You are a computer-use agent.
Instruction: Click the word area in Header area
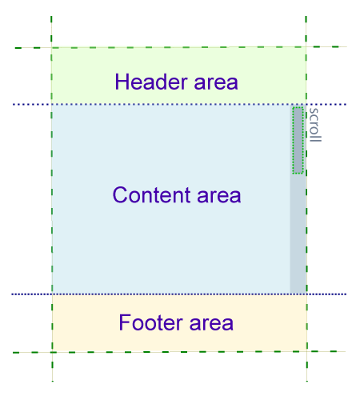214,82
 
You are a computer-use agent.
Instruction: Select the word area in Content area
216,195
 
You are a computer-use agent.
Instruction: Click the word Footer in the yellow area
147,323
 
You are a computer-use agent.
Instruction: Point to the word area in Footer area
210,323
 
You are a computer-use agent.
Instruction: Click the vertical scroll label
314,125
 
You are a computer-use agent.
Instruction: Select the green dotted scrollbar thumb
298,139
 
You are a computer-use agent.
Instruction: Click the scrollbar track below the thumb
298,232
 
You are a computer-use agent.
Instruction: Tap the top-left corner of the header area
51,47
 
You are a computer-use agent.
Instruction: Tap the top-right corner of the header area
306,46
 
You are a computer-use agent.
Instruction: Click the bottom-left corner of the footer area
52,351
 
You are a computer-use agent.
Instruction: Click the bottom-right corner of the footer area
306,350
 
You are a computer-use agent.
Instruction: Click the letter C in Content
120,195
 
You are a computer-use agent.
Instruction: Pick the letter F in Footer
124,323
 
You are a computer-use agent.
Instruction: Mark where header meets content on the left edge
51,104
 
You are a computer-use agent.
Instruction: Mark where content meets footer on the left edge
52,294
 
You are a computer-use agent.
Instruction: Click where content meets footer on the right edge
306,294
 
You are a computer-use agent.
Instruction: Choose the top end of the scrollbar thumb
298,107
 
